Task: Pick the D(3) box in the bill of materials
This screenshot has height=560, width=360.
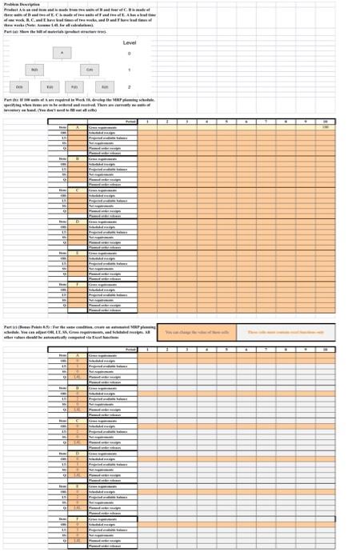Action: click(19, 87)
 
